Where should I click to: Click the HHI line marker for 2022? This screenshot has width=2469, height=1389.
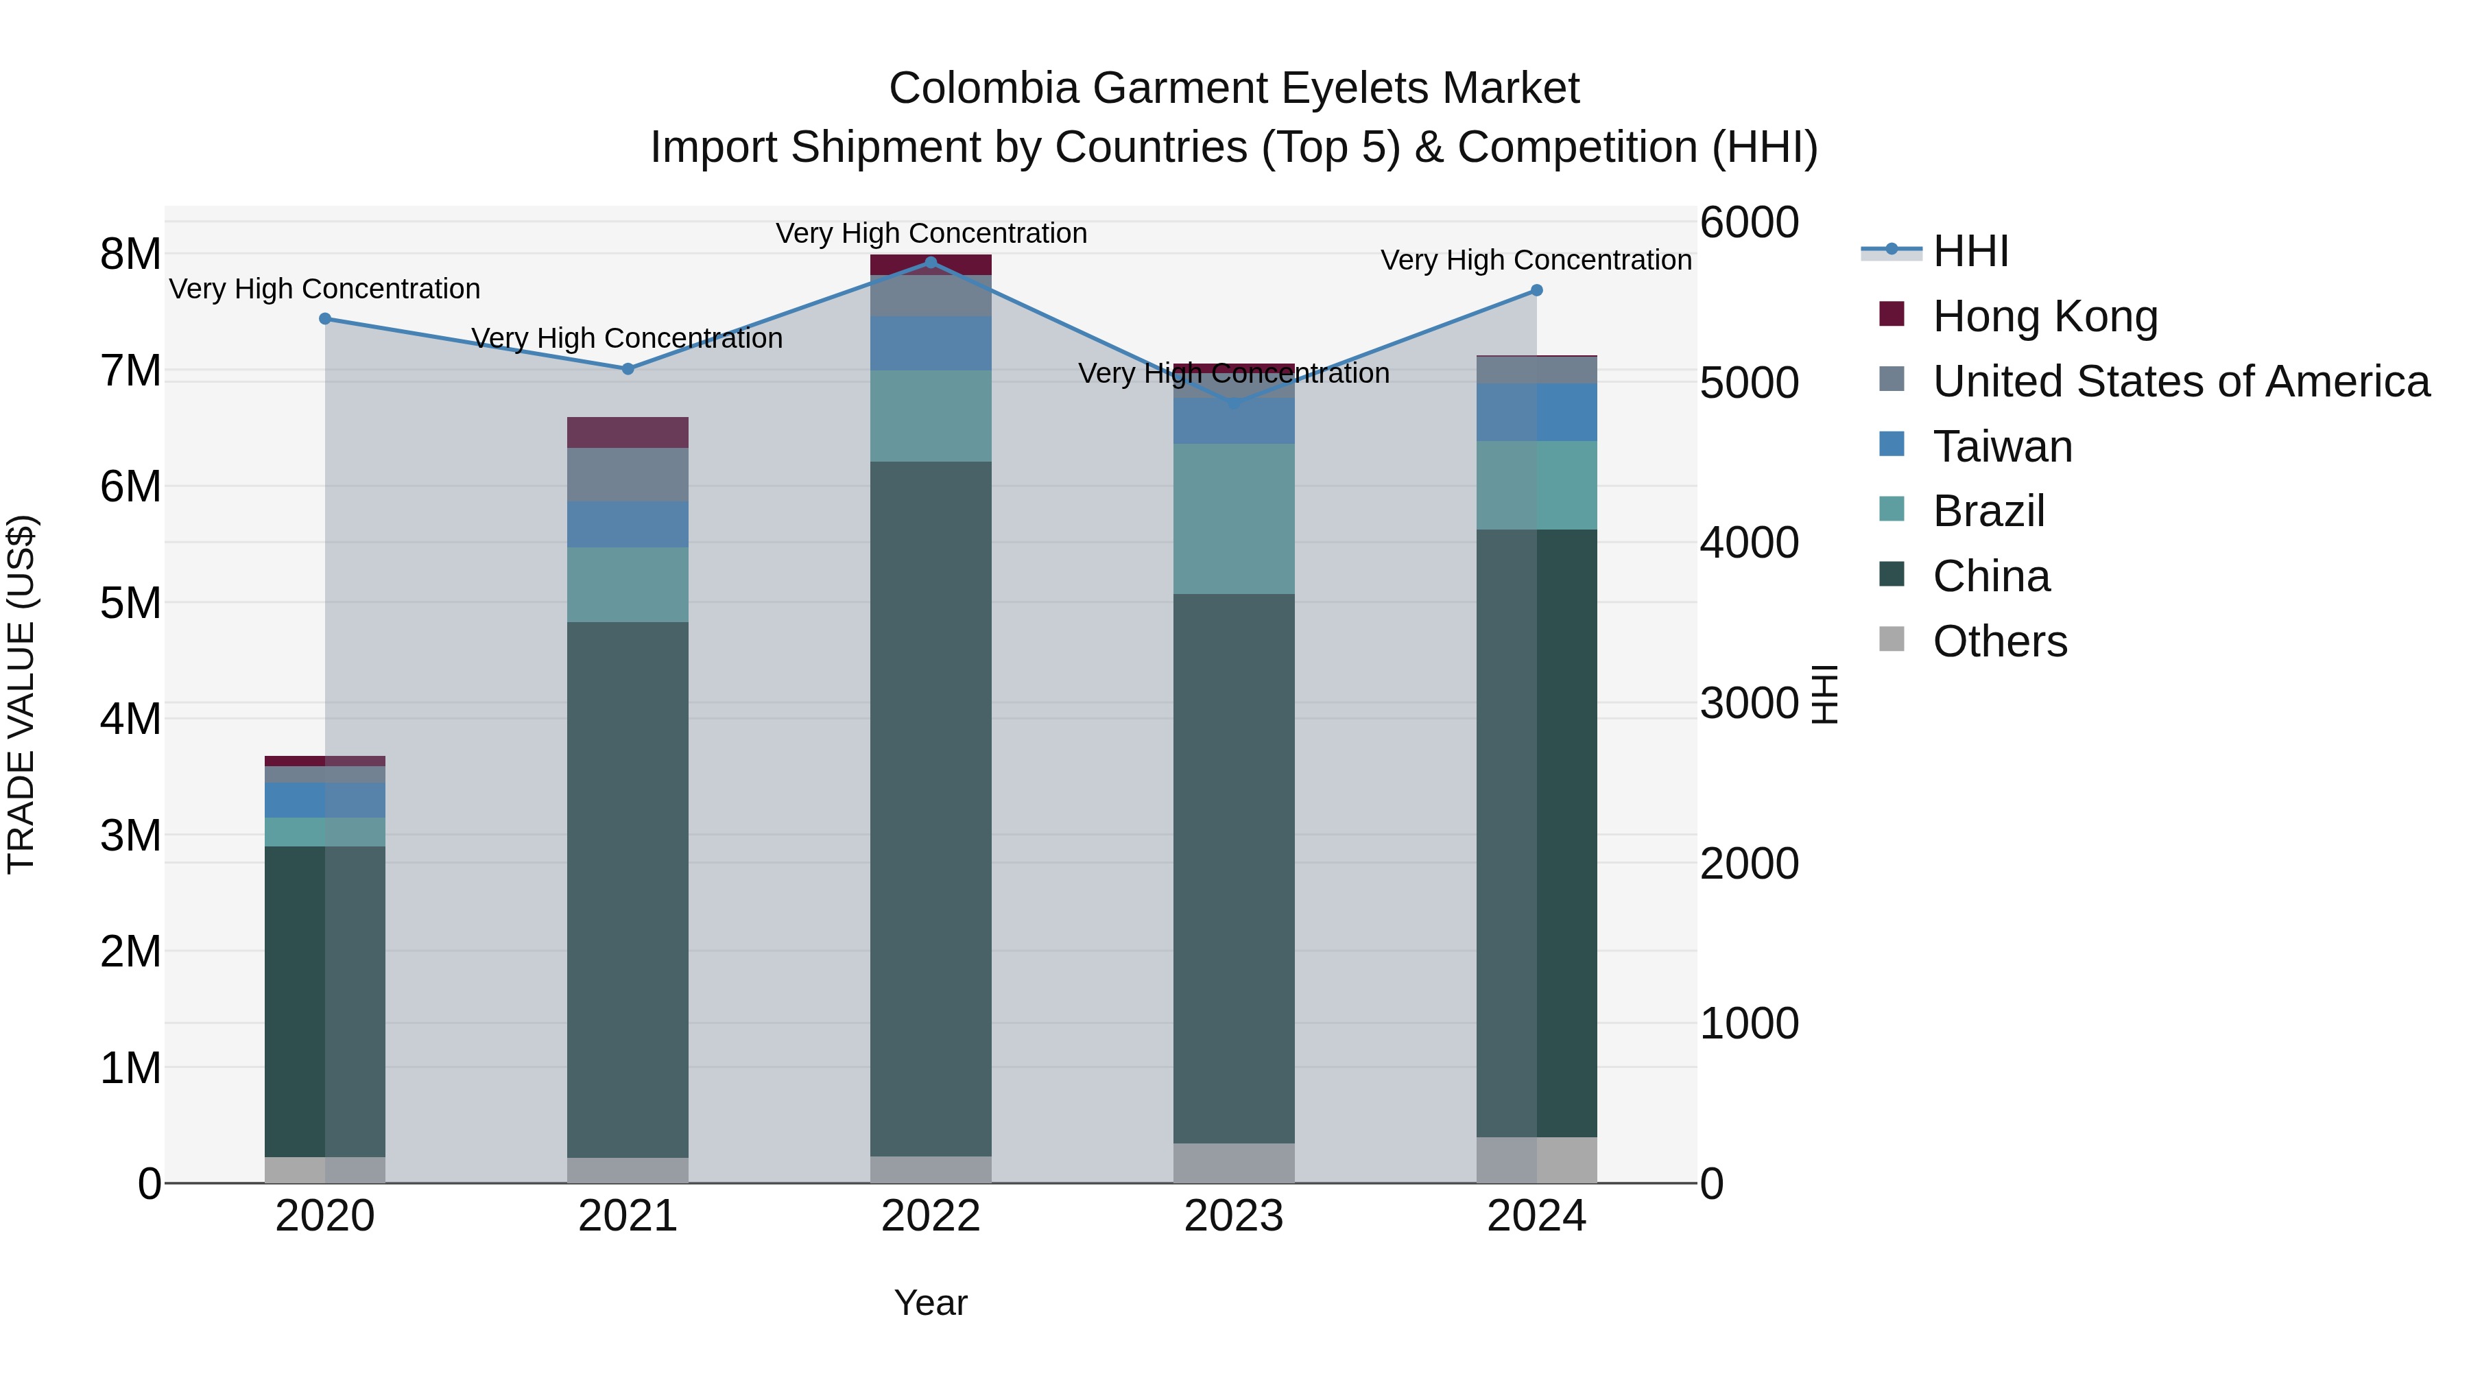pos(931,262)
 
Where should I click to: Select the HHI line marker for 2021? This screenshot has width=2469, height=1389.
pos(628,369)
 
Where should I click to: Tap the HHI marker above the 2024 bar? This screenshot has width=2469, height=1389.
pos(1536,290)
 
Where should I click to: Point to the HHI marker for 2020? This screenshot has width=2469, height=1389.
pos(325,319)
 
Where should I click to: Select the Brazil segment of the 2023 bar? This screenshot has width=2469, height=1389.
pos(1234,519)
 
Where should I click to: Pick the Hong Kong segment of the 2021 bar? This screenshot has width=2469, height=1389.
pos(628,432)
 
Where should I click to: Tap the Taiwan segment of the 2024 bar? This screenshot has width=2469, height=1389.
pos(1536,412)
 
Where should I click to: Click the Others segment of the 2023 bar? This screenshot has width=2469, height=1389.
pos(1234,1163)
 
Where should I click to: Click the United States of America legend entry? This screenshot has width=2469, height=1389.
pos(2180,381)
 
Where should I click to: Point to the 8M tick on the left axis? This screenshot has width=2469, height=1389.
pos(130,255)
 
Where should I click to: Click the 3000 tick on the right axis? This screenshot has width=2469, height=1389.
pos(1748,704)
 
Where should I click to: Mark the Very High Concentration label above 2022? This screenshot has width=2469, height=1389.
pos(931,234)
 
